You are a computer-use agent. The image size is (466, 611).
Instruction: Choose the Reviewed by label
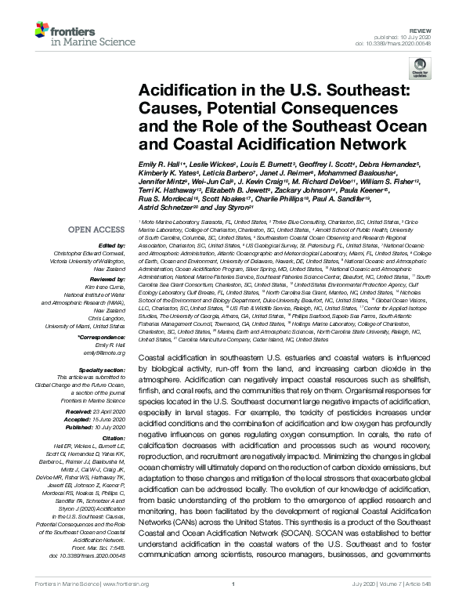(109, 278)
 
